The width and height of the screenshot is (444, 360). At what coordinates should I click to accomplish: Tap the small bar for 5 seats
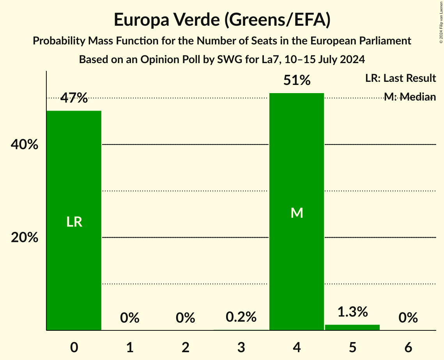coord(352,327)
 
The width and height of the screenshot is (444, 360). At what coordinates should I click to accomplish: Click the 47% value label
coord(74,98)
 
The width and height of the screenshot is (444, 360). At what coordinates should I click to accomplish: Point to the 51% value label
coord(297,80)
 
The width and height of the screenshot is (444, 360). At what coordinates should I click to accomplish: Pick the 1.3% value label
coord(352,312)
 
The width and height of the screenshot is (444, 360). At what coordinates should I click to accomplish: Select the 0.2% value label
coord(241,317)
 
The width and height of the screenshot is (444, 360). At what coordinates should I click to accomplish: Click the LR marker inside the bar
coord(74,222)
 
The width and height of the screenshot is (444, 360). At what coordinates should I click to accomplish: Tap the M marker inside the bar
coord(297,213)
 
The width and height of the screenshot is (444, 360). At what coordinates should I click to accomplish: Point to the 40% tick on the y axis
coord(25,145)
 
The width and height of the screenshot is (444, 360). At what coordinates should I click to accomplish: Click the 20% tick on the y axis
coord(25,237)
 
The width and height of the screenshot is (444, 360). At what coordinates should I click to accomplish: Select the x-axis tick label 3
coord(241,347)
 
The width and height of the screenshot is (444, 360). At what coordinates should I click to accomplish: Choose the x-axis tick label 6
coord(408,347)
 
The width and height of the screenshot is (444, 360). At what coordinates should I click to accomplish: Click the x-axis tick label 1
coord(130,347)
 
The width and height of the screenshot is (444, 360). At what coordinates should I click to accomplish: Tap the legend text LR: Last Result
coord(400,78)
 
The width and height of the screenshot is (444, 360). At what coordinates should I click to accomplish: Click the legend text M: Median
coord(410,97)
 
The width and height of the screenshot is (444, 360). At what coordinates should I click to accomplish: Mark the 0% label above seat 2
coord(186,318)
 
